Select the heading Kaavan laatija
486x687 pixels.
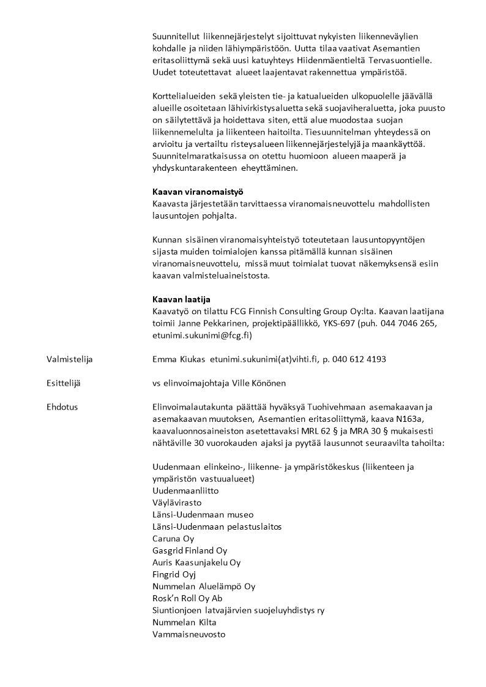pyautogui.click(x=181, y=299)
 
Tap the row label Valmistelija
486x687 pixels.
pyautogui.click(x=70, y=359)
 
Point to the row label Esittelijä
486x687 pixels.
pyautogui.click(x=64, y=383)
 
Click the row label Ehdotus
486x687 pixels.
pyautogui.click(x=62, y=407)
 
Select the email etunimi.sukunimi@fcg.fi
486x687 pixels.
pyautogui.click(x=201, y=335)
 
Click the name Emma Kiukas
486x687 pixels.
pyautogui.click(x=178, y=359)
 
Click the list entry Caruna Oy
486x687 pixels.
pyautogui.click(x=173, y=539)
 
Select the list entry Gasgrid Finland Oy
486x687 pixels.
pyautogui.click(x=190, y=550)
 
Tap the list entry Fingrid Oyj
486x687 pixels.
pyautogui.click(x=174, y=574)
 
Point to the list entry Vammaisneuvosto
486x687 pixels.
pyautogui.click(x=189, y=634)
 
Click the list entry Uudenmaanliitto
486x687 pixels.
pyautogui.click(x=185, y=491)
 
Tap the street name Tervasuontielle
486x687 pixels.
pyautogui.click(x=401, y=61)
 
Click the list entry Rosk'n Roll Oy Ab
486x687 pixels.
pyautogui.click(x=187, y=598)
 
